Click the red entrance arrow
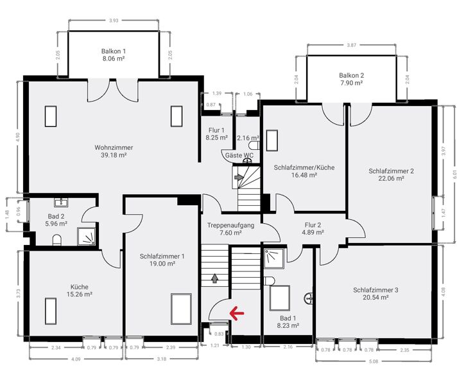[x=237, y=313]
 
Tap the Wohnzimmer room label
[x=114, y=147]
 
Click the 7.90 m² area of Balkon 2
[x=352, y=83]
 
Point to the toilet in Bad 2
[x=56, y=240]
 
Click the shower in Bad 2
[x=87, y=237]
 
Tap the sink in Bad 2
[x=61, y=203]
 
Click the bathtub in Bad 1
[x=280, y=298]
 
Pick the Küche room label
[x=80, y=287]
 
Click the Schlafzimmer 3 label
[x=375, y=290]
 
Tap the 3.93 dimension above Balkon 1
[x=114, y=21]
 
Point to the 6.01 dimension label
[x=455, y=174]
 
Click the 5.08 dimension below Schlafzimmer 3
[x=374, y=361]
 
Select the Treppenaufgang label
[x=230, y=225]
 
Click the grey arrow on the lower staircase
[x=214, y=278]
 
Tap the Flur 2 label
[x=313, y=225]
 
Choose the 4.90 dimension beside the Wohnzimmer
[x=18, y=138]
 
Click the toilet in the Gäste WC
[x=255, y=145]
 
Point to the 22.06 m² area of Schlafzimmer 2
[x=391, y=178]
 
